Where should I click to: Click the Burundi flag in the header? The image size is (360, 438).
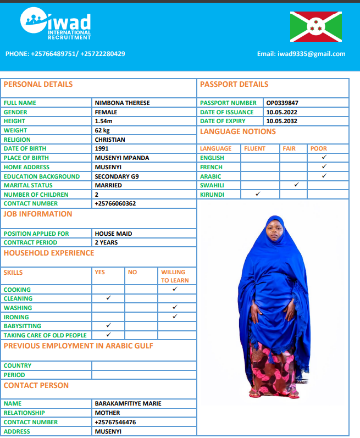tap(315, 27)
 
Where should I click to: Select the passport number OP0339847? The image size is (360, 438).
tap(283, 103)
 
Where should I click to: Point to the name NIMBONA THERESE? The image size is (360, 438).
tap(122, 103)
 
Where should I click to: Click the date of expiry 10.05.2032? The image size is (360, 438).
tap(281, 121)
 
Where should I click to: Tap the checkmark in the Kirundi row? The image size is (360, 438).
tap(258, 194)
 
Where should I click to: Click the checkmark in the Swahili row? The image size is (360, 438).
tap(296, 185)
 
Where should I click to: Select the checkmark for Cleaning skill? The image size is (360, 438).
tap(108, 298)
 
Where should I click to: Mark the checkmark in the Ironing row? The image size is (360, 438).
tap(175, 317)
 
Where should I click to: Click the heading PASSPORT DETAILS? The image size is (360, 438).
tap(234, 85)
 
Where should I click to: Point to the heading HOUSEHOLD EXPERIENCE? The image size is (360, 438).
tap(49, 253)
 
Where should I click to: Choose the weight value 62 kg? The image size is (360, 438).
tap(102, 130)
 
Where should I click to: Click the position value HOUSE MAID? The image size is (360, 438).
tap(113, 234)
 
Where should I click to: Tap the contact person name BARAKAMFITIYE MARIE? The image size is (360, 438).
tap(128, 403)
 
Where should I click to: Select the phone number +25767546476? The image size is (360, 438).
tap(115, 422)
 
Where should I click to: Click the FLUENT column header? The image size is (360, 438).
tap(254, 148)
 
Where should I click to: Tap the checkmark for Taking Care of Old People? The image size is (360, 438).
tap(108, 335)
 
